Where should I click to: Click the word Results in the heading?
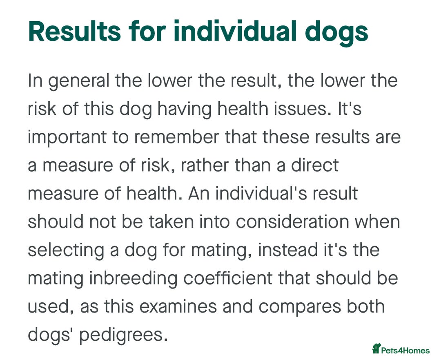pyautogui.click(x=75, y=31)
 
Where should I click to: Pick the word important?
pyautogui.click(x=67, y=138)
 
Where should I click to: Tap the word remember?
pyautogui.click(x=176, y=137)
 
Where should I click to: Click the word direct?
pyautogui.click(x=315, y=165)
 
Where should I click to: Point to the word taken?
pyautogui.click(x=171, y=221)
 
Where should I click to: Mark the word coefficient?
pyautogui.click(x=228, y=278)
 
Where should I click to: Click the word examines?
pyautogui.click(x=178, y=306)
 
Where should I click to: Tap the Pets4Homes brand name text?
pyautogui.click(x=405, y=351)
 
